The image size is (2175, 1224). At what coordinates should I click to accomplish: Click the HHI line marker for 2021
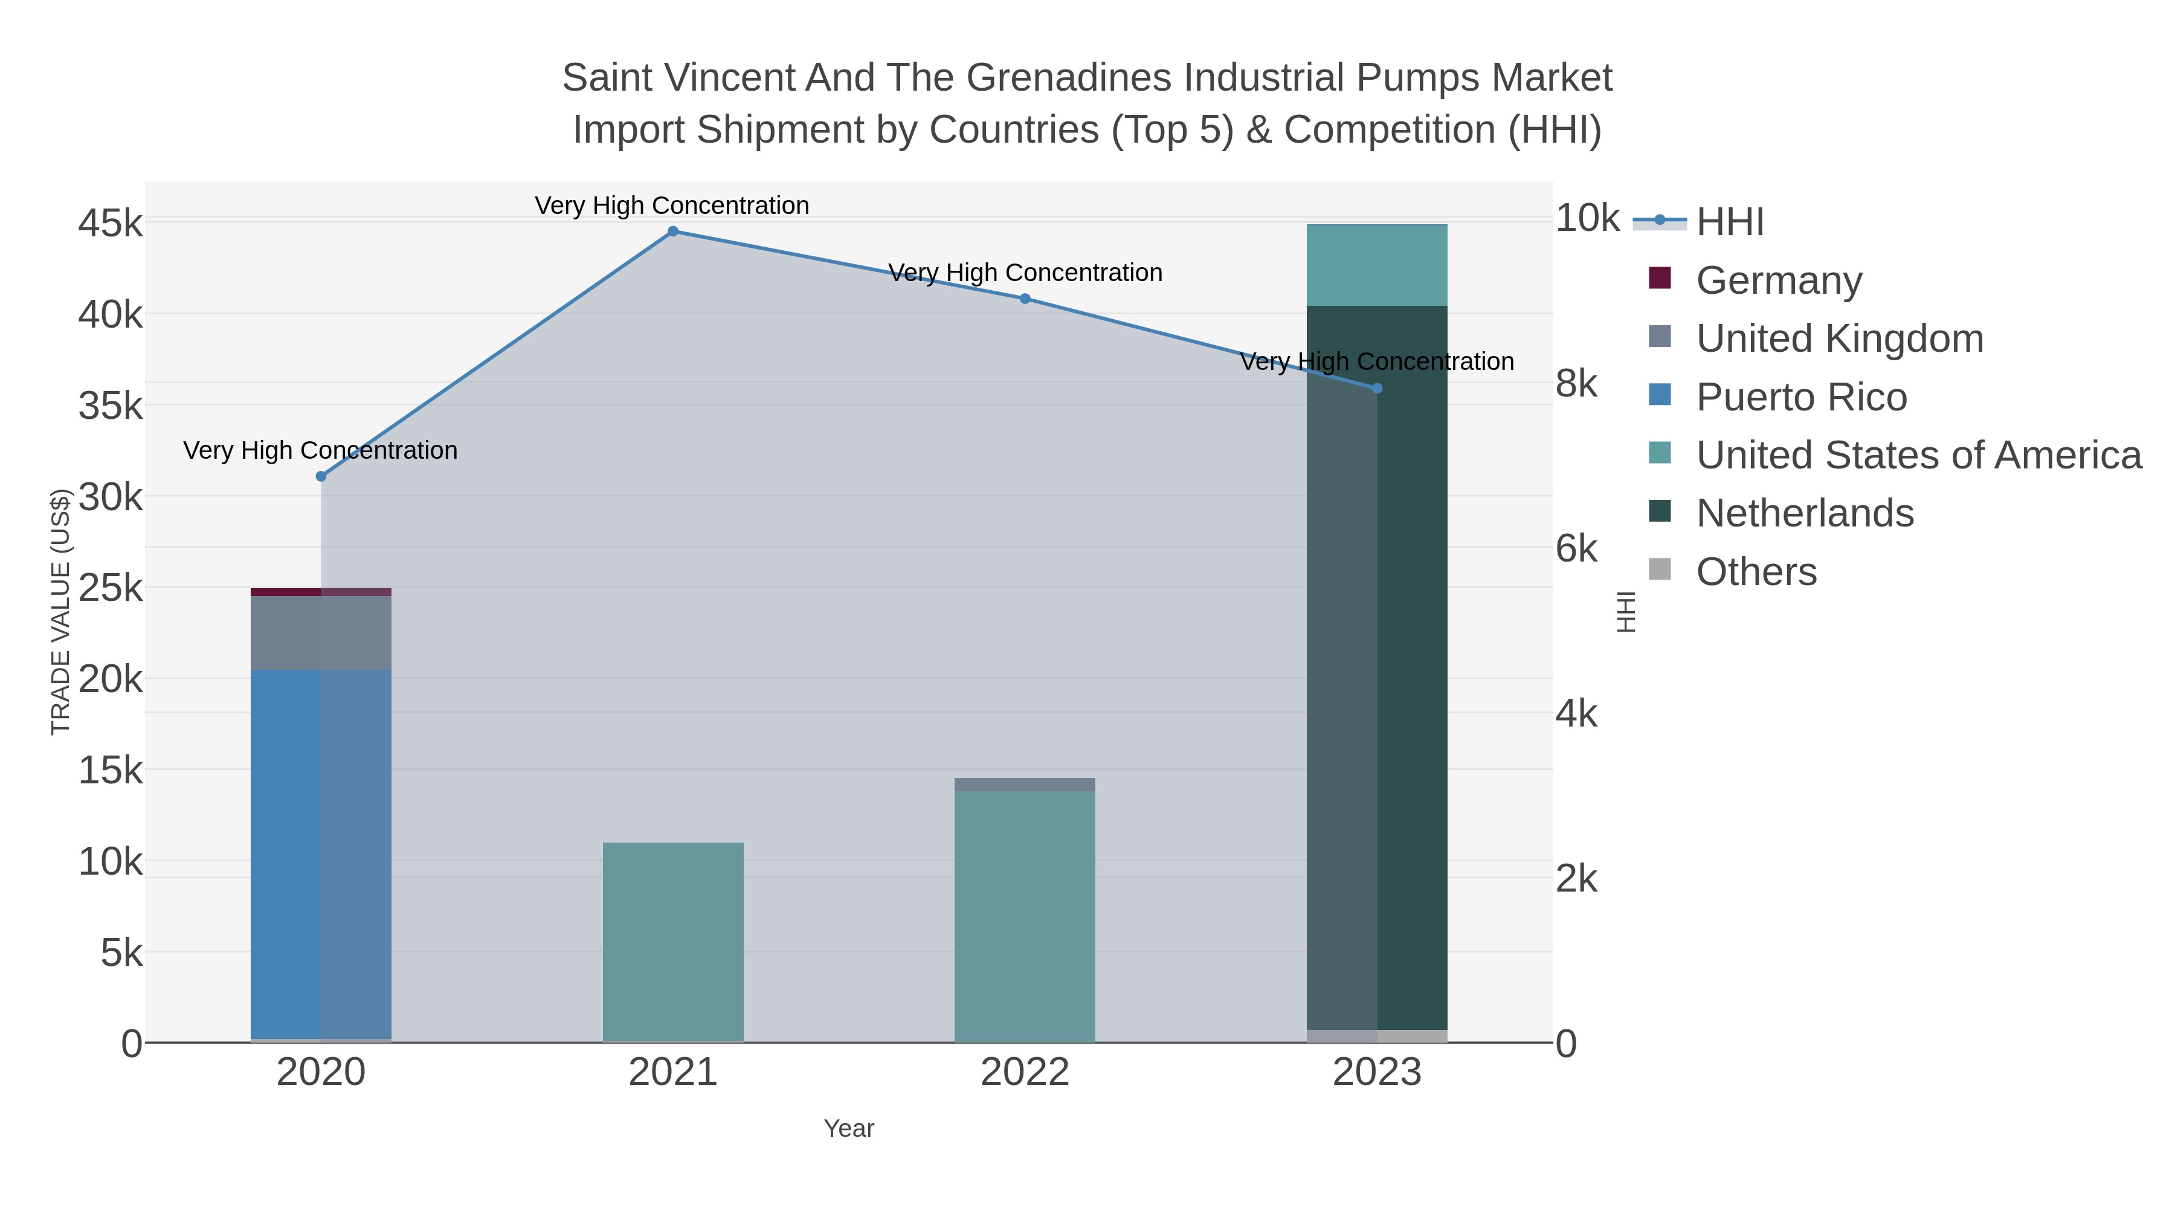click(x=673, y=232)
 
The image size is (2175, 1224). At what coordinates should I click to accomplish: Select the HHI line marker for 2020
click(x=321, y=476)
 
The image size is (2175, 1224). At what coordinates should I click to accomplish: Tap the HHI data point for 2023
click(x=1377, y=389)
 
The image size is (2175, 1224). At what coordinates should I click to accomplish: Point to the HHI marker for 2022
click(x=1025, y=298)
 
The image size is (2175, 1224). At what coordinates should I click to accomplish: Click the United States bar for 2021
click(x=673, y=942)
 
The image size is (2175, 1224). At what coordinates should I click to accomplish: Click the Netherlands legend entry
click(x=1804, y=514)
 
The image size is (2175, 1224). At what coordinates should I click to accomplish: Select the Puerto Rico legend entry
click(x=1801, y=397)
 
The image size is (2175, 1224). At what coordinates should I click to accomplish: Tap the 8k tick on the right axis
click(x=1576, y=384)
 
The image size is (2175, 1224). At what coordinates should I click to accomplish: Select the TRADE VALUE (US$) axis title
click(x=61, y=612)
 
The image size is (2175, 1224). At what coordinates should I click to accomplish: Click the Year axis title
click(x=849, y=1128)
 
